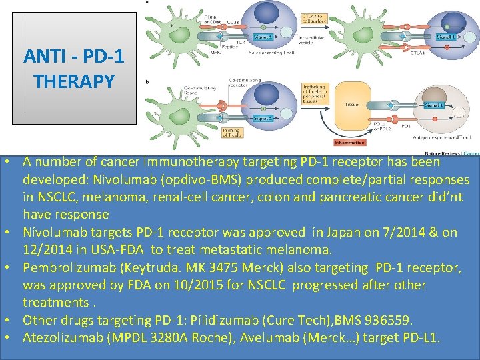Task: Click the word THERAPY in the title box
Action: [x=74, y=81]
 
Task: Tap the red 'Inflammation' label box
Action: [x=350, y=142]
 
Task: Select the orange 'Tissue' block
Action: [x=351, y=104]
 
